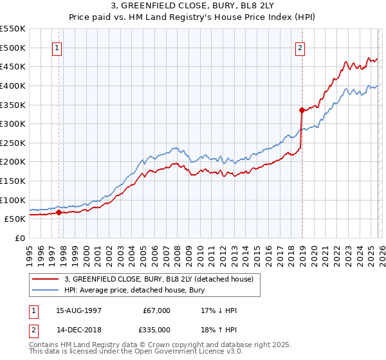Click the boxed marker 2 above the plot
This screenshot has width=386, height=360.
[300, 47]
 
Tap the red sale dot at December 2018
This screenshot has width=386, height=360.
[302, 110]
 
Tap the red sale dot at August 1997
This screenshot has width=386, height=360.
[59, 212]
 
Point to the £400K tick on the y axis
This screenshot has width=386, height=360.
[13, 85]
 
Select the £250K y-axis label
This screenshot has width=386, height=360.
[13, 143]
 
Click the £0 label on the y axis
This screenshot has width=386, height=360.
[21, 238]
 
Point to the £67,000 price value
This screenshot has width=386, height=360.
[157, 310]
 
